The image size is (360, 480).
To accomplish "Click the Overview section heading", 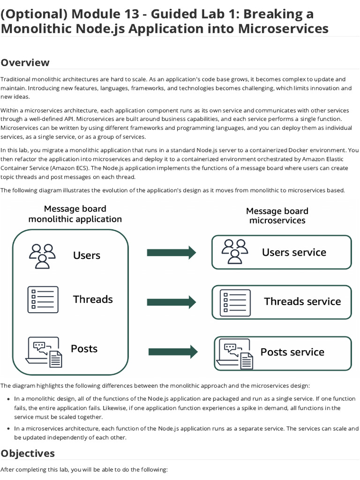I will pyautogui.click(x=25, y=62).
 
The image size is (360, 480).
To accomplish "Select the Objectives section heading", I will pyautogui.click(x=28, y=453).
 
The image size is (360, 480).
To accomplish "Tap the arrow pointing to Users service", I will pyautogui.click(x=171, y=253).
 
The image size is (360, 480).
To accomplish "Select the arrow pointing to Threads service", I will pyautogui.click(x=171, y=302).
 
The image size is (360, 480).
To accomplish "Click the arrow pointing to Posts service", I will pyautogui.click(x=172, y=351).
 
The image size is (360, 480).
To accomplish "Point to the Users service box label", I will pyautogui.click(x=294, y=252).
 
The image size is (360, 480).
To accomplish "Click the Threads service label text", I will pyautogui.click(x=302, y=301).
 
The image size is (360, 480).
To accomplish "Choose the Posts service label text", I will pyautogui.click(x=292, y=352).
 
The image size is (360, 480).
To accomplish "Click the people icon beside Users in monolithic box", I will pyautogui.click(x=42, y=255).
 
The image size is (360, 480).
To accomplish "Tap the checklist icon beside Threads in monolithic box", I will pyautogui.click(x=43, y=300).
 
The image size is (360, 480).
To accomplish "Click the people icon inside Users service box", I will pyautogui.click(x=234, y=252).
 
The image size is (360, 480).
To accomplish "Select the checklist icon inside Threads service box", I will pyautogui.click(x=235, y=302).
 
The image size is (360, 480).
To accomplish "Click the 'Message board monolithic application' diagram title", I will pyautogui.click(x=75, y=214).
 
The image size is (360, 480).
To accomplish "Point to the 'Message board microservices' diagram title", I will pyautogui.click(x=277, y=216).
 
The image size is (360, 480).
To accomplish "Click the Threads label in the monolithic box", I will pyautogui.click(x=93, y=299).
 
